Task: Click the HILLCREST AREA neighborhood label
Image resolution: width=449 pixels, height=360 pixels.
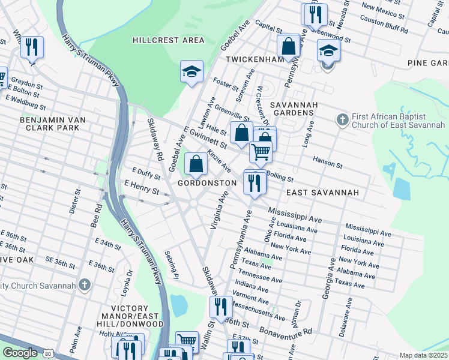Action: tap(169, 40)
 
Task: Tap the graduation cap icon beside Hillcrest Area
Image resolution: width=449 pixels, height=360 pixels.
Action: tap(192, 71)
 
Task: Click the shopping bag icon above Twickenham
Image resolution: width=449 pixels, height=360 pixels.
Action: tap(289, 46)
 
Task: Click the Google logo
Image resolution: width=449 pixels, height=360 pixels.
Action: tap(20, 353)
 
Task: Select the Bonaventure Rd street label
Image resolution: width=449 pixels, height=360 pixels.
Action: tap(286, 331)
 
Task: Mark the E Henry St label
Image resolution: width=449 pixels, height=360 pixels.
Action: tap(142, 187)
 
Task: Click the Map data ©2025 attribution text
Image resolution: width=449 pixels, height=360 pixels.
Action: tap(423, 355)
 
